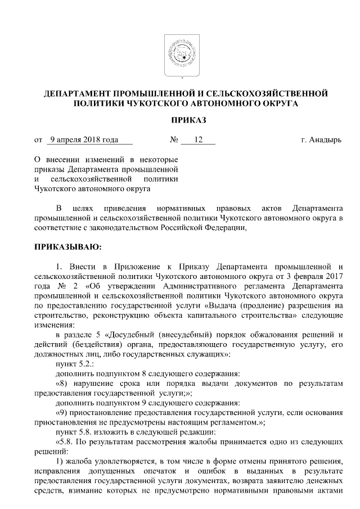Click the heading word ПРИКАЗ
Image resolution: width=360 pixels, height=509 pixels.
tap(179, 120)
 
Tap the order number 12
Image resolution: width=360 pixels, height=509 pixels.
tap(197, 140)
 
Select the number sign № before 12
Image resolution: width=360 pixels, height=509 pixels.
tap(174, 140)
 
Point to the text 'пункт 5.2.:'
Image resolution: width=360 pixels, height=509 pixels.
tap(73, 364)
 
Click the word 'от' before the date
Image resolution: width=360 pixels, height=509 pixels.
tap(38, 140)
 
